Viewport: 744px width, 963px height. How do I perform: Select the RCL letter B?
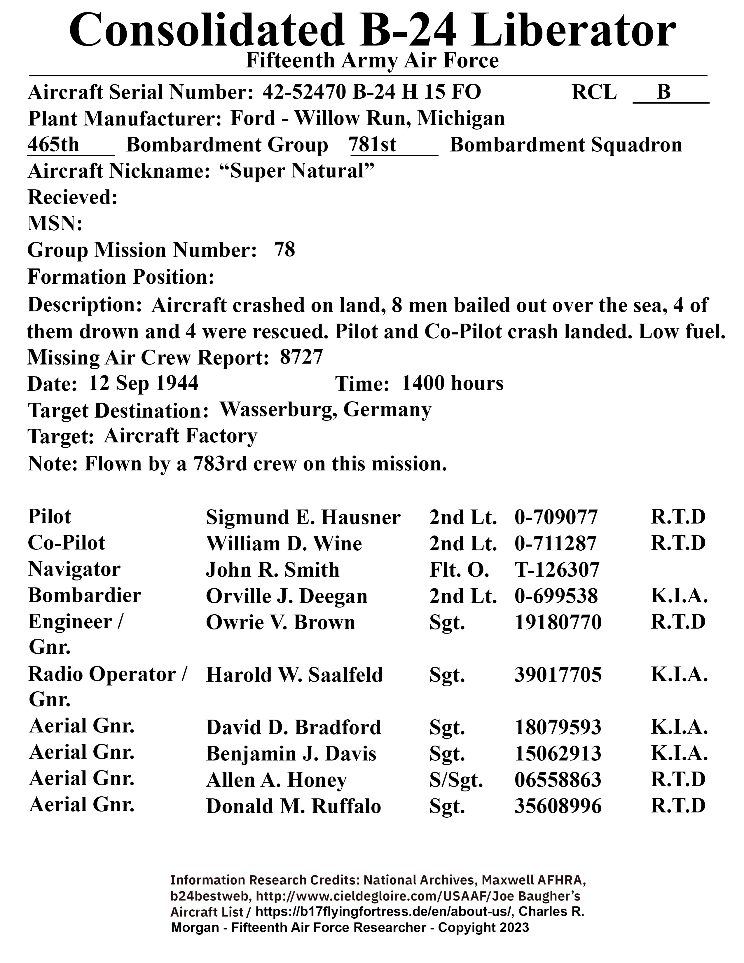(x=664, y=92)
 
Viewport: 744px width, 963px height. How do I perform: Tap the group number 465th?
(x=54, y=145)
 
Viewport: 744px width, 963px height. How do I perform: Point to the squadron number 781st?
(x=373, y=145)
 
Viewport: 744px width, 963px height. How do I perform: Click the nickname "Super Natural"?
(x=297, y=171)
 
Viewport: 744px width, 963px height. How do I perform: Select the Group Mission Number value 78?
(x=284, y=250)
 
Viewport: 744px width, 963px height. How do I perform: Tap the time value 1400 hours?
(x=452, y=384)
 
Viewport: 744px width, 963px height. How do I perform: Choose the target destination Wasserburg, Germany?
(x=325, y=410)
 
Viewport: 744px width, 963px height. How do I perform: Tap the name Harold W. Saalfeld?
(x=294, y=675)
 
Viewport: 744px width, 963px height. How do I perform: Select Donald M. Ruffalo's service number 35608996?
(x=558, y=807)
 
